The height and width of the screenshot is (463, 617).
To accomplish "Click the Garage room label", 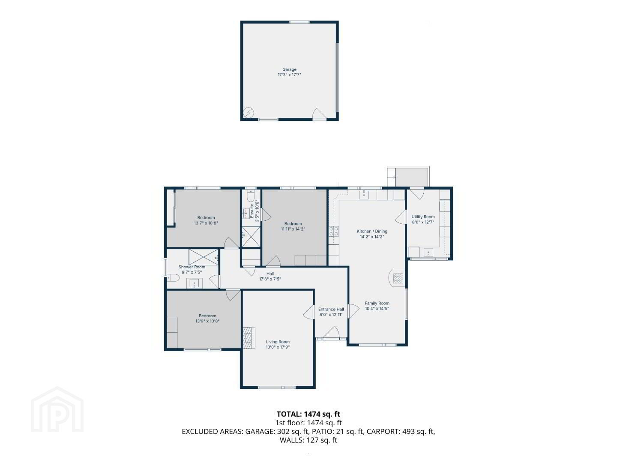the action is tap(289, 69).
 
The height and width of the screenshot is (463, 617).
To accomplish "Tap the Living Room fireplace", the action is tap(249, 338).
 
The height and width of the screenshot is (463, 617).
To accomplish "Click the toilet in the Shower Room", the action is tap(173, 278).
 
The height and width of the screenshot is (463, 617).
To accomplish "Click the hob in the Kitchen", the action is tap(334, 231).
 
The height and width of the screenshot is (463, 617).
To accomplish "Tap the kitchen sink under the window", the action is tap(364, 194).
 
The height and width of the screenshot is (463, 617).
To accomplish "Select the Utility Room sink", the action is tap(428, 253).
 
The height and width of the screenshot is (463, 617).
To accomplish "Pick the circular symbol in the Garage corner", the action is tap(249, 113).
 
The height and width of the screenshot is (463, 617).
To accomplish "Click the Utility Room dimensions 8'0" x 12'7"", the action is tap(423, 222).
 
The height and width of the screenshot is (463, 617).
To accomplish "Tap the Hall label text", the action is tap(270, 274).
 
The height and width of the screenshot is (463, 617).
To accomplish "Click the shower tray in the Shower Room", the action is tap(204, 257).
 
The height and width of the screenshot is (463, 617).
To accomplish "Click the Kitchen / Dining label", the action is tap(372, 231).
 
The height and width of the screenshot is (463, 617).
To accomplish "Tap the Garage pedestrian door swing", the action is tap(319, 114).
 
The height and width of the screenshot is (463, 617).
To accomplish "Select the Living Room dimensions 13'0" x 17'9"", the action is tap(278, 347).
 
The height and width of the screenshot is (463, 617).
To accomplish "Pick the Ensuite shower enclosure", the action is tap(251, 237).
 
